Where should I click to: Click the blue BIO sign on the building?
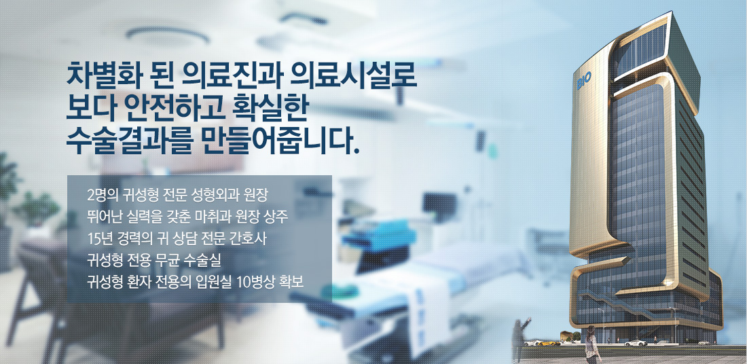584,81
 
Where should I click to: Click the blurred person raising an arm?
520,340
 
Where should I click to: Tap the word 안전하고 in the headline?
158,109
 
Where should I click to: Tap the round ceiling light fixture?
161,35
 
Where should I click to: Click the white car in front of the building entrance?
636,342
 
